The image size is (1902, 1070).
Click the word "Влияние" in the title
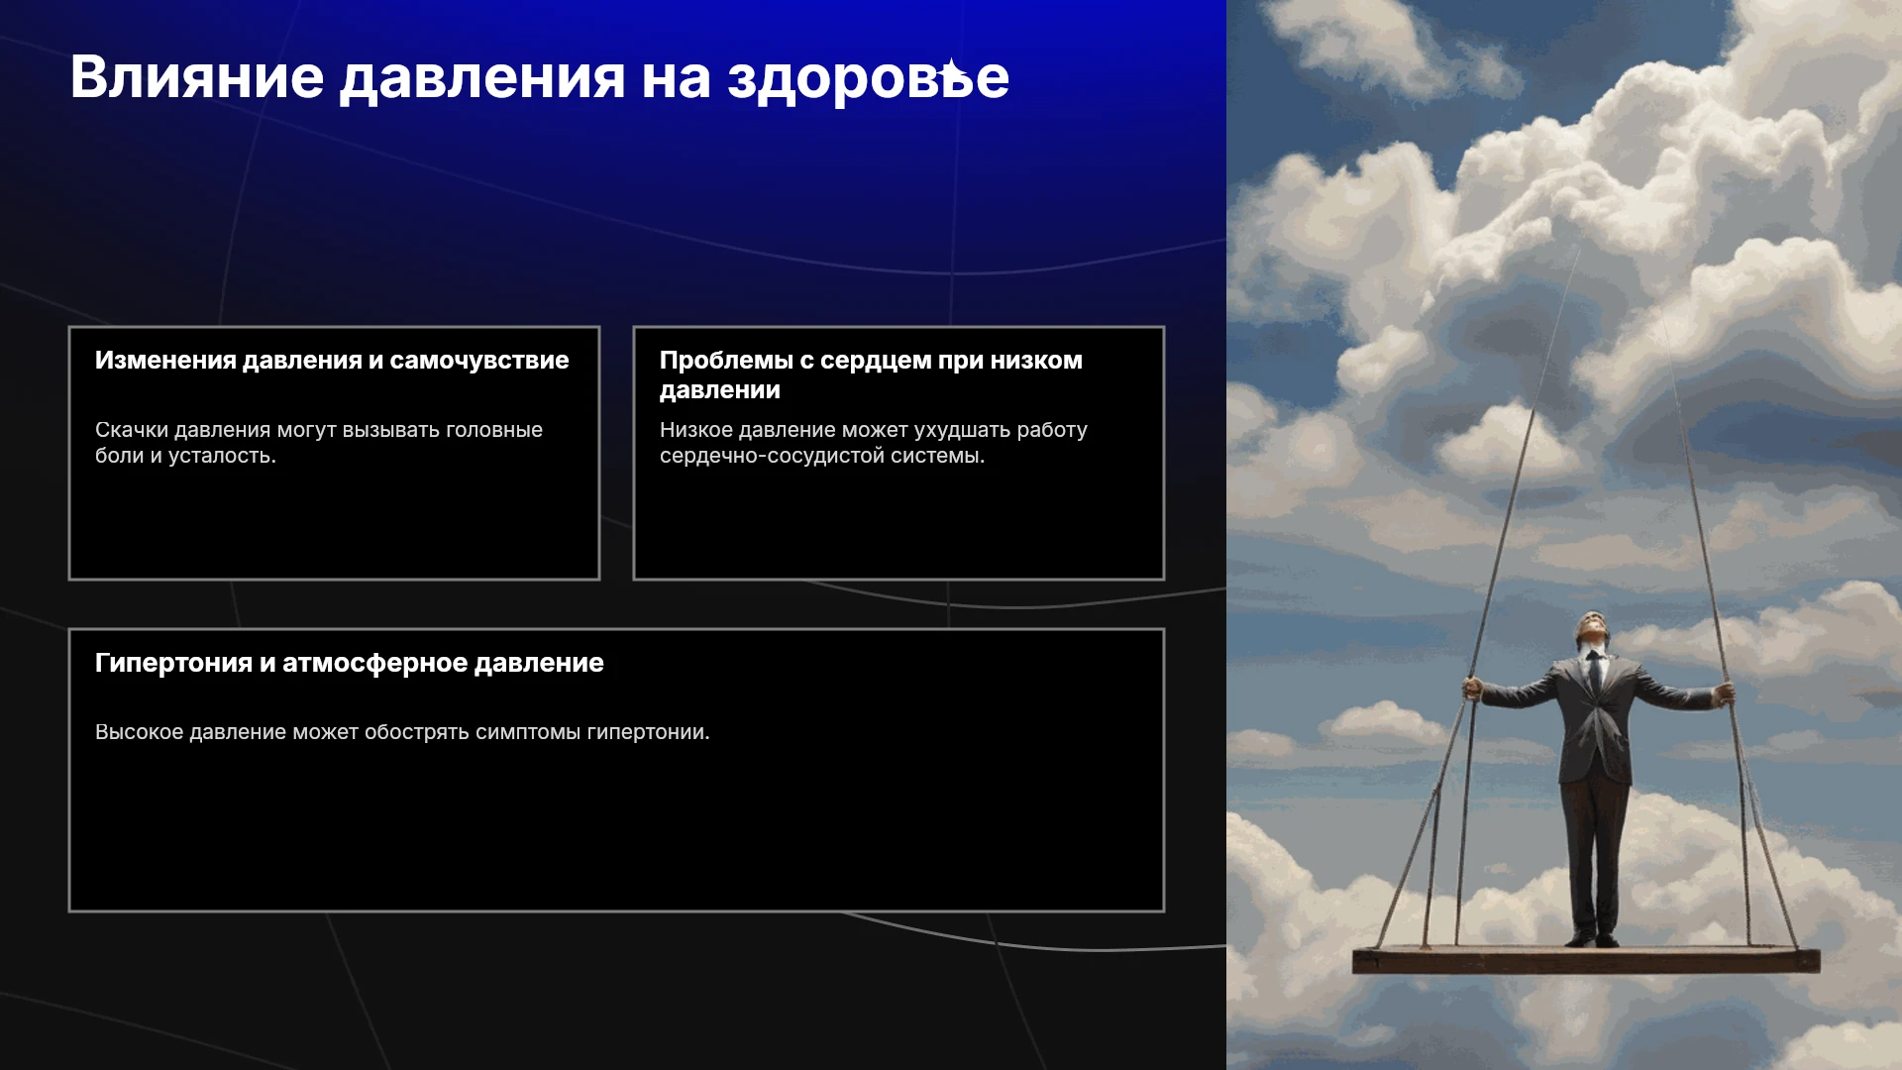[x=197, y=77]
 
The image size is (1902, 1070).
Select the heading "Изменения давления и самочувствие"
[x=332, y=361]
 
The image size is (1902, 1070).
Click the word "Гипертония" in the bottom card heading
[x=173, y=664]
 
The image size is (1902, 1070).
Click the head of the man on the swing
[x=1592, y=630]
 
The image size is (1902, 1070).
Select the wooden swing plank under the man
[x=1586, y=959]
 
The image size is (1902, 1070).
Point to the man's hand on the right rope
[x=1726, y=694]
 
